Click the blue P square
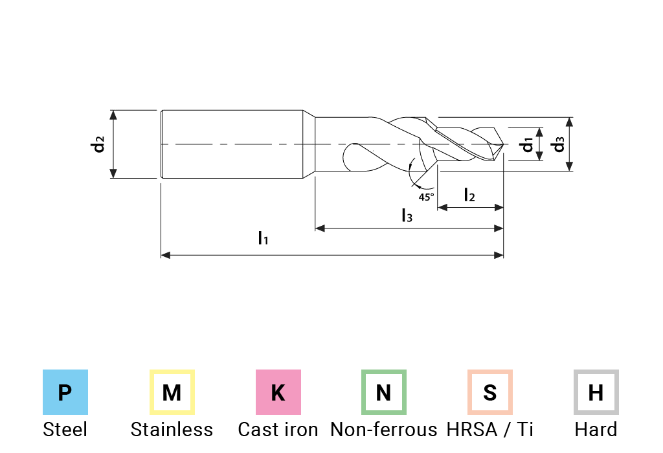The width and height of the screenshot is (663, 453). coord(65,392)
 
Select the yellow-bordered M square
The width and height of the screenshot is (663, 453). coord(172,392)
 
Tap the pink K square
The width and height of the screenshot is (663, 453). coord(278,392)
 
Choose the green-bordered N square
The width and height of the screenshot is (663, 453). coord(384,392)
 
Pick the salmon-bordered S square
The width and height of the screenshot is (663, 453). coord(490,392)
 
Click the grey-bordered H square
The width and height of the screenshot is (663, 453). coord(596,392)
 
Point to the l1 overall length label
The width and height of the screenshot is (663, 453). coord(264,239)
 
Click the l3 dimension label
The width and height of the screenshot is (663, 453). coord(406,215)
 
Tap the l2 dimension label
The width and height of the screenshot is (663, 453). coord(469,193)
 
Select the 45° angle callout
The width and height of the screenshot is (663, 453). coord(425,193)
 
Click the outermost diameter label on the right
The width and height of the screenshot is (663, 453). coord(557,144)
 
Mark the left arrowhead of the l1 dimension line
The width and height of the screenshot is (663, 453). coord(166,256)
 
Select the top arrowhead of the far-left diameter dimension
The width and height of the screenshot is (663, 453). coord(114,115)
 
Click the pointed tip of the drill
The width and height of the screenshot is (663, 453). coord(503,145)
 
